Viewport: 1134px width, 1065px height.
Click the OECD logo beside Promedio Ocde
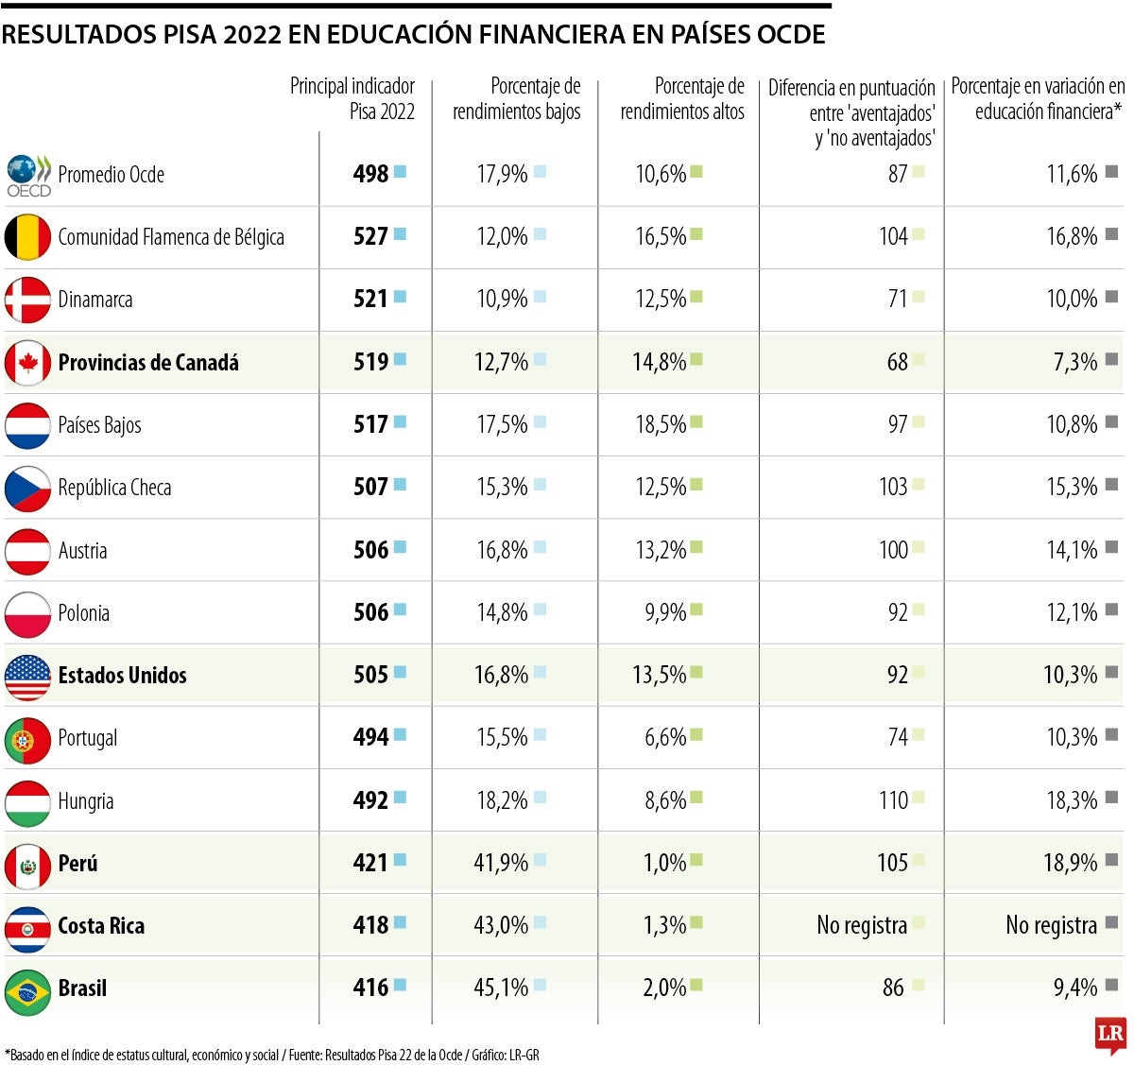(x=27, y=176)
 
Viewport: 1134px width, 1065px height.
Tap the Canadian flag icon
(x=27, y=363)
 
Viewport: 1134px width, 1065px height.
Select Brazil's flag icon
(x=27, y=989)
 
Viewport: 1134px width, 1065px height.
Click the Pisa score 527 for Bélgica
(x=370, y=236)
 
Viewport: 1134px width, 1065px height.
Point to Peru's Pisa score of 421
(x=370, y=863)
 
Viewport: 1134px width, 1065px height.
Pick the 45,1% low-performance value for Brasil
(x=501, y=988)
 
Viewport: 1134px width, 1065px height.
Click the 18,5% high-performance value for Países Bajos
(x=661, y=424)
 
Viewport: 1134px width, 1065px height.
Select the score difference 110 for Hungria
(x=893, y=800)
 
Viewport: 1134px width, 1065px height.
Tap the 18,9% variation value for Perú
(x=1071, y=863)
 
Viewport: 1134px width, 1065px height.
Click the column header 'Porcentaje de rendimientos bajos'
(x=517, y=99)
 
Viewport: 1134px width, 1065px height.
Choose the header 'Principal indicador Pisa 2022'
(x=352, y=99)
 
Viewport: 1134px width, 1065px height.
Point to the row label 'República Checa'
(x=114, y=488)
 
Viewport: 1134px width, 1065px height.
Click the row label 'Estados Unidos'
(x=122, y=676)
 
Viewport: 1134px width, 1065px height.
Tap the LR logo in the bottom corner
(x=1110, y=1033)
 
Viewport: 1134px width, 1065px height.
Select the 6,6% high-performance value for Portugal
(x=665, y=737)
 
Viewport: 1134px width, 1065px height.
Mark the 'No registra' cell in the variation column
(x=1051, y=925)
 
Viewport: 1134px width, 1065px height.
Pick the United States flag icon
(x=27, y=677)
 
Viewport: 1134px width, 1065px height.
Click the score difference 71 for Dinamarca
(x=898, y=300)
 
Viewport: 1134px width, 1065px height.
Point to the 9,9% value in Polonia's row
(x=665, y=612)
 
